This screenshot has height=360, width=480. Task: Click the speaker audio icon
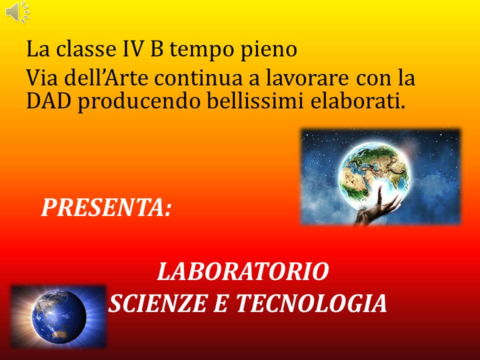coord(18,11)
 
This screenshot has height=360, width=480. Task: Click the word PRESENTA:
coord(106,207)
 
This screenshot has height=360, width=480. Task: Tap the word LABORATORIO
coord(243,271)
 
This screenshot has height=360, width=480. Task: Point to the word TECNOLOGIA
coord(311,303)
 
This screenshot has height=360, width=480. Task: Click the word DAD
coord(48,101)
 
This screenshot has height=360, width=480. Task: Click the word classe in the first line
coord(85,49)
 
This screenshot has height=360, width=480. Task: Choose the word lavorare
coord(307,78)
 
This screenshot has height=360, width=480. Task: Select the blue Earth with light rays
coord(59,317)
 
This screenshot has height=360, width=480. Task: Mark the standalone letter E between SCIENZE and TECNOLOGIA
coord(221,303)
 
